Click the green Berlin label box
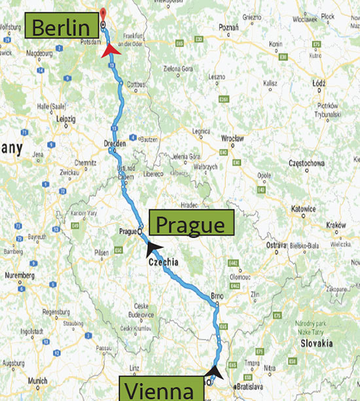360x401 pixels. point(60,28)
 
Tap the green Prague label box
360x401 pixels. point(191,224)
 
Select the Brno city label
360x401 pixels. point(218,296)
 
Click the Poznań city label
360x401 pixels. point(229,28)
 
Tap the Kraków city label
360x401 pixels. point(335,224)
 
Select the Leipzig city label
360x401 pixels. point(67,120)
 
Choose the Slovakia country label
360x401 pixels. point(316,343)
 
